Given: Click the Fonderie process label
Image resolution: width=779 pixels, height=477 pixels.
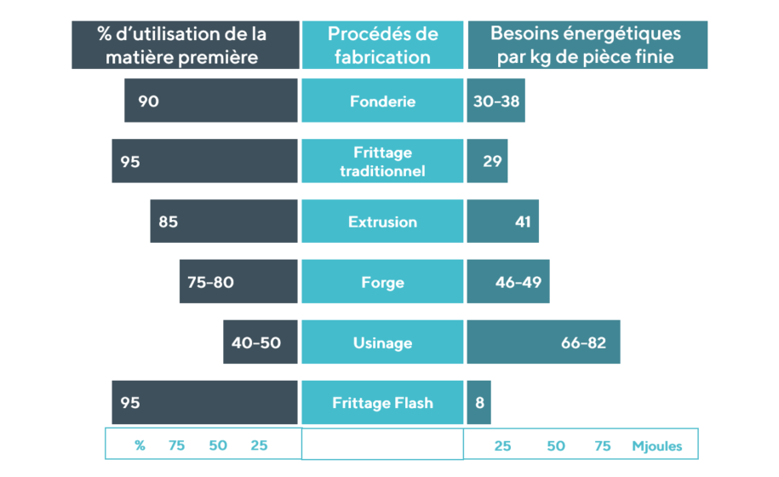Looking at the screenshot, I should (382, 101).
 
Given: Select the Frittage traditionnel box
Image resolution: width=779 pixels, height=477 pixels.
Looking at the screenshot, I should (382, 161).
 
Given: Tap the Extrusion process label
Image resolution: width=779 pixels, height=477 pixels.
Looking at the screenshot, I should (382, 222).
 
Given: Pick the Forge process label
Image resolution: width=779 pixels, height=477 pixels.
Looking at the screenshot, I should (382, 283).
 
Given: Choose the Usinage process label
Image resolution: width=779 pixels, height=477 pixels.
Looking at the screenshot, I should (382, 343).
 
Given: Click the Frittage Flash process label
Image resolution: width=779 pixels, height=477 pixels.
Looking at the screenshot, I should (382, 403).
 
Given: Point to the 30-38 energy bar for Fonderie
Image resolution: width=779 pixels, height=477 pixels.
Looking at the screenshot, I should (495, 101).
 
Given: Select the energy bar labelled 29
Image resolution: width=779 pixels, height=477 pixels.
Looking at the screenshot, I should (488, 161).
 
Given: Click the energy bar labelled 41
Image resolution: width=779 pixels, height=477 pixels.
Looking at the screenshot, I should (503, 222).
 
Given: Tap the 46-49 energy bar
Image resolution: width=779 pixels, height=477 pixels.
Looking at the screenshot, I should (508, 283).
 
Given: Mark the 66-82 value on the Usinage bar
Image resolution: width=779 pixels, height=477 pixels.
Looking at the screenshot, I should (583, 343).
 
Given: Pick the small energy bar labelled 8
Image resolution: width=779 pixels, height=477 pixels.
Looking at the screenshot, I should (479, 403).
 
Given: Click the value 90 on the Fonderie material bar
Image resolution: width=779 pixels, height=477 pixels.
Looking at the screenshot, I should (148, 101).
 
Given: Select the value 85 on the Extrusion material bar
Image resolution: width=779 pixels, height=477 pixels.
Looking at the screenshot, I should (168, 222).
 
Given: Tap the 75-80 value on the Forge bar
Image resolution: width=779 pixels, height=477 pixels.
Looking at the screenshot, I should (210, 283).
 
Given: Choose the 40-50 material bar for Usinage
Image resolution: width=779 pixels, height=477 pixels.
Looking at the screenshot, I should (260, 343).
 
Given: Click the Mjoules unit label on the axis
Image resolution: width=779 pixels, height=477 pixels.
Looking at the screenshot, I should (656, 446).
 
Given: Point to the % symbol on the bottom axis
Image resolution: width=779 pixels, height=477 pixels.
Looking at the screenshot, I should (140, 446).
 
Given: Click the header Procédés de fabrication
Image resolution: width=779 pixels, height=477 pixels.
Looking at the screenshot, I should (382, 45).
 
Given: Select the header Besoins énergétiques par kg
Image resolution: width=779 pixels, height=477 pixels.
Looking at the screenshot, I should (587, 45).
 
